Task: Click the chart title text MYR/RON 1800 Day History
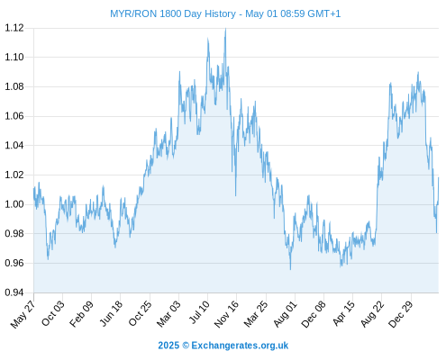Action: pyautogui.click(x=173, y=13)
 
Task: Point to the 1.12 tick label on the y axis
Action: pyautogui.click(x=14, y=28)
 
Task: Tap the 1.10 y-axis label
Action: pyautogui.click(x=14, y=57)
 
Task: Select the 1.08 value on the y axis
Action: pyautogui.click(x=14, y=86)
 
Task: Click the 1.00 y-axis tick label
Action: pyautogui.click(x=14, y=204)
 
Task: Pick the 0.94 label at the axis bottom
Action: pyautogui.click(x=14, y=292)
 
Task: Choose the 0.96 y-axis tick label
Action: pyautogui.click(x=14, y=263)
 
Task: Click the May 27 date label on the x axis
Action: pyautogui.click(x=23, y=314)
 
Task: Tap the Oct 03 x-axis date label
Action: pyautogui.click(x=52, y=313)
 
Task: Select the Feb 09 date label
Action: pyautogui.click(x=81, y=314)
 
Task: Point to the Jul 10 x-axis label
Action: pyautogui.click(x=198, y=312)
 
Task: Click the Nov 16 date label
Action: pyautogui.click(x=226, y=314)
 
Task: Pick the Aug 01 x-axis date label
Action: pyautogui.click(x=285, y=314)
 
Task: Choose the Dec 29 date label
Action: pyautogui.click(x=400, y=314)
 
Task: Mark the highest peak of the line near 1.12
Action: pyautogui.click(x=225, y=29)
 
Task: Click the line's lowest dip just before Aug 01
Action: pyautogui.click(x=290, y=269)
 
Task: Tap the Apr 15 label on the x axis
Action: pyautogui.click(x=343, y=313)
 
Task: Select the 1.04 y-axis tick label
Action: pyautogui.click(x=14, y=146)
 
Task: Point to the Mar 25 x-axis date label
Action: pyautogui.click(x=256, y=314)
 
